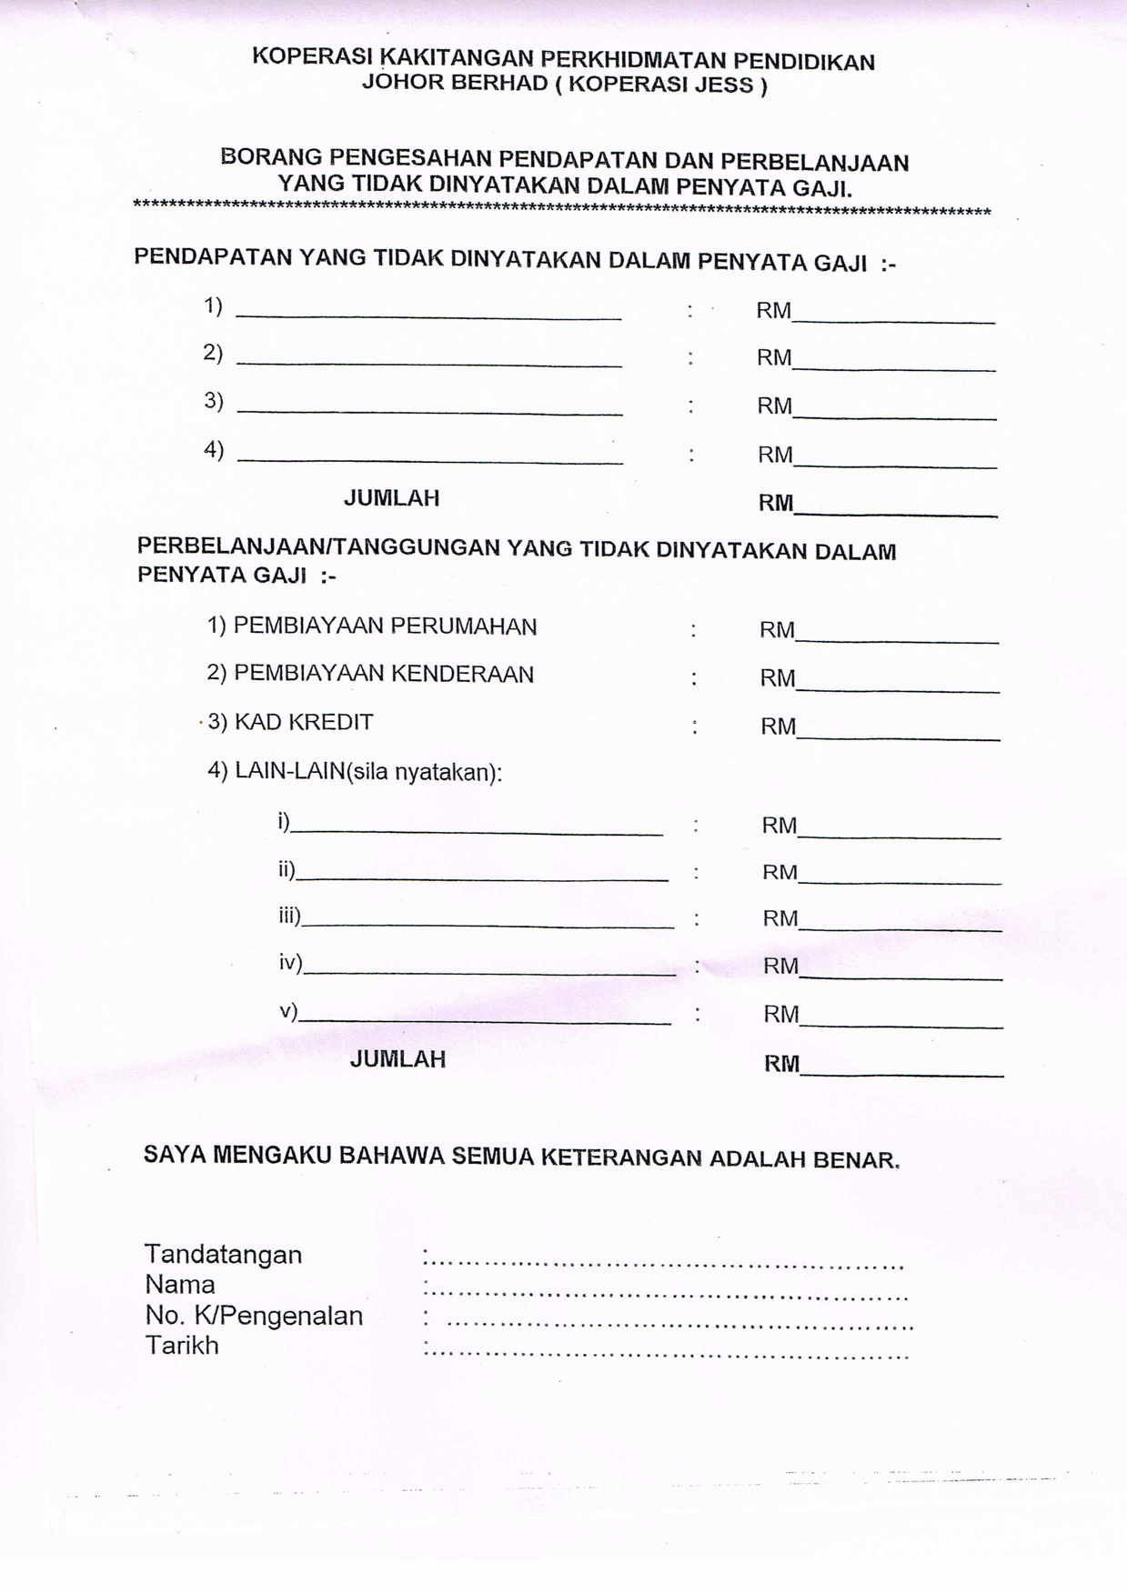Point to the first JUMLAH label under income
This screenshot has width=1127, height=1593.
391,498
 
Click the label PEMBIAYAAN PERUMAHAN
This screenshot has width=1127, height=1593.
385,626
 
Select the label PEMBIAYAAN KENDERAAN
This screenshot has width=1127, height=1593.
384,674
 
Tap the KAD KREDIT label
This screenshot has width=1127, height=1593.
304,723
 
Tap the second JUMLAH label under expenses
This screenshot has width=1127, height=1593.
397,1059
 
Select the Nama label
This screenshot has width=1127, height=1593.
180,1285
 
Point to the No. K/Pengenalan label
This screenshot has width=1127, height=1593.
254,1316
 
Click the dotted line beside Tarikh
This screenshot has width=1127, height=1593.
666,1354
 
